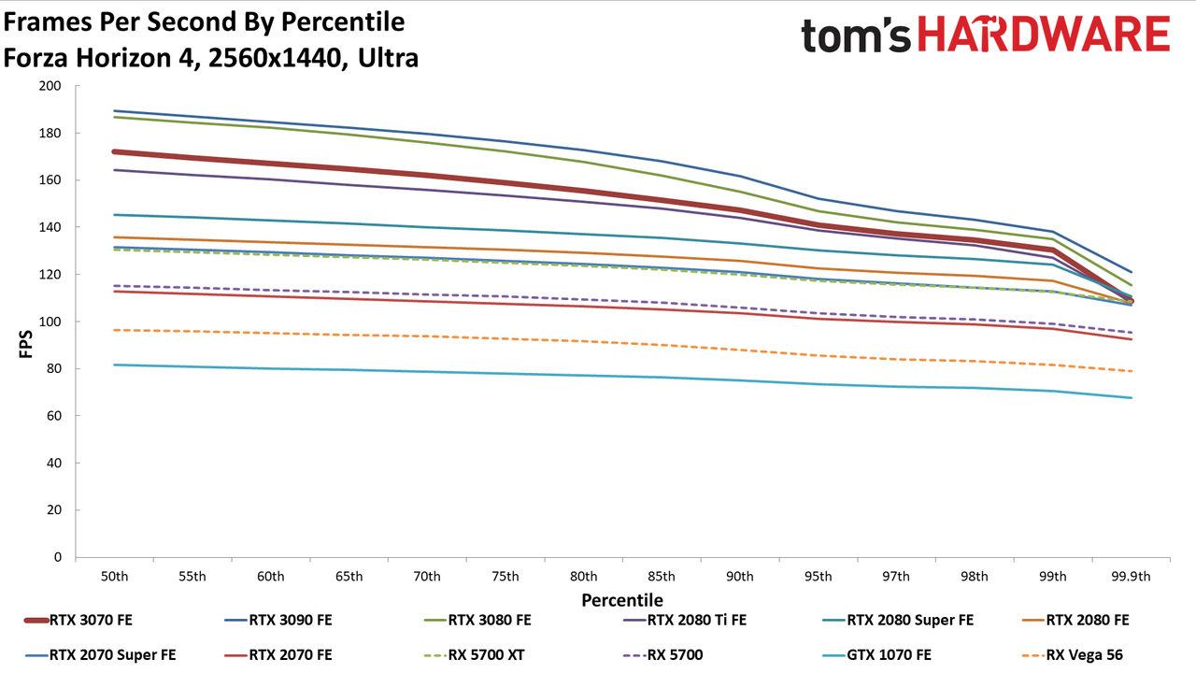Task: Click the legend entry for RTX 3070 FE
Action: [x=78, y=620]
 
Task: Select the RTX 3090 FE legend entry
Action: [x=278, y=620]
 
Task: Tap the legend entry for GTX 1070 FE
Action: [x=877, y=655]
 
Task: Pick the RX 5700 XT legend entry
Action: [x=474, y=655]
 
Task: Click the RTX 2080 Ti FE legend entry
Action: [x=685, y=620]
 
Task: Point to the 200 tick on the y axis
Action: [x=50, y=86]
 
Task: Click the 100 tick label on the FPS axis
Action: [x=50, y=322]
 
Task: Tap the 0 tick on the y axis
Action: [x=58, y=557]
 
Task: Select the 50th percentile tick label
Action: [x=114, y=577]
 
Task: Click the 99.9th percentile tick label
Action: [x=1131, y=577]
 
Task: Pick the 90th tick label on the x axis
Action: [x=739, y=577]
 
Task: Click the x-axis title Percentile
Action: [x=622, y=600]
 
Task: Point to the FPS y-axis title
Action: [x=25, y=344]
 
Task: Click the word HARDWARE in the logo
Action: [x=1044, y=35]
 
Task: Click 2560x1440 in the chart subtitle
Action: [x=275, y=58]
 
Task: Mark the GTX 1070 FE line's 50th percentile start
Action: [x=114, y=365]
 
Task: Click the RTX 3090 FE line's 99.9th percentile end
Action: [x=1131, y=272]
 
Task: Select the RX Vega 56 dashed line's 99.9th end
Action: [x=1131, y=371]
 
